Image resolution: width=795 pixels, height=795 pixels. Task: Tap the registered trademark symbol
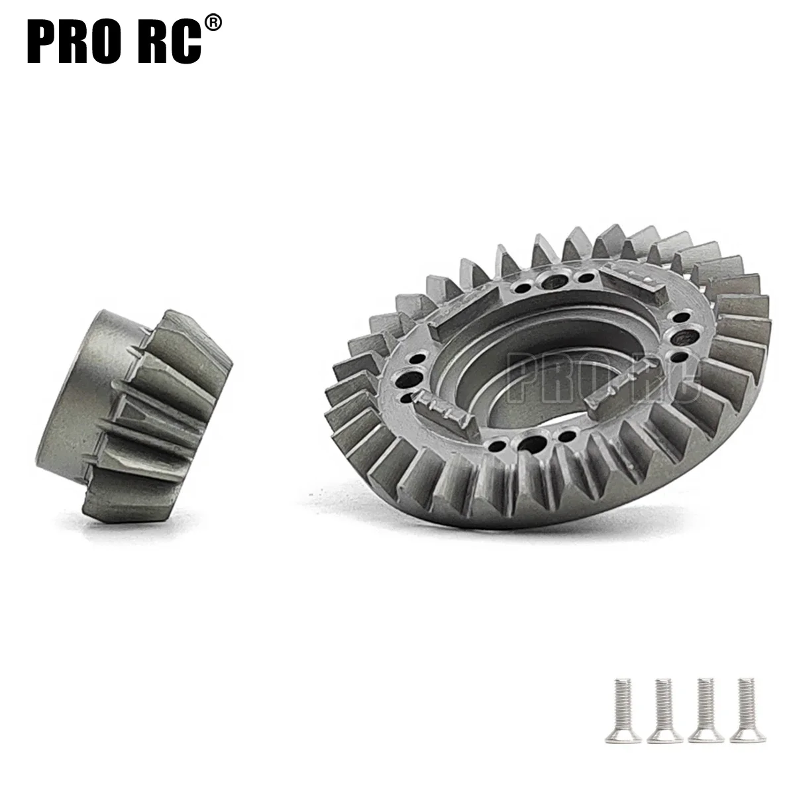[213, 23]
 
